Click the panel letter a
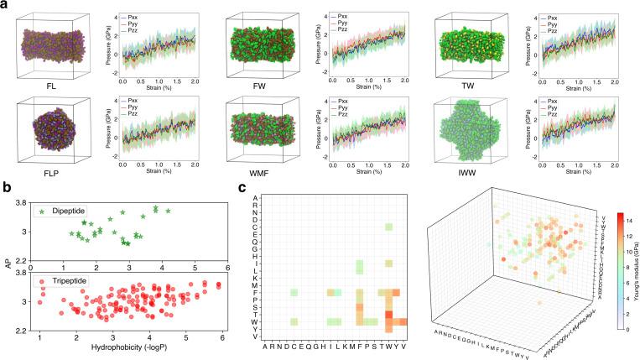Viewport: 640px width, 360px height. [x=5, y=5]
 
